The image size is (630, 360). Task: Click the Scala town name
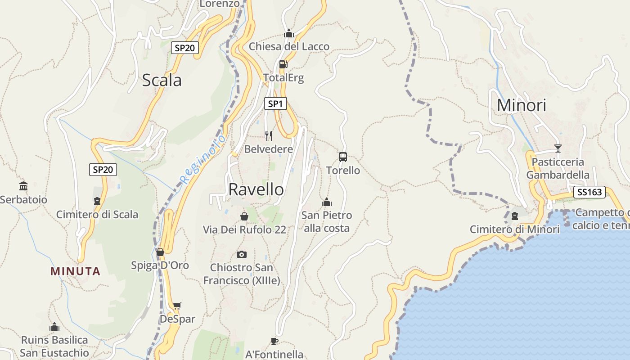click(x=162, y=80)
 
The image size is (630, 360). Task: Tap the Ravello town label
click(x=256, y=189)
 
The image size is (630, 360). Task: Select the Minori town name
click(x=522, y=105)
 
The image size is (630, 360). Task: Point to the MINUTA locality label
click(x=75, y=271)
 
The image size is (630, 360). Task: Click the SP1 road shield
click(x=275, y=104)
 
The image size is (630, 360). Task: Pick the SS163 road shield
click(x=589, y=193)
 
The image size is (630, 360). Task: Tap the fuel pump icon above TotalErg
click(x=283, y=64)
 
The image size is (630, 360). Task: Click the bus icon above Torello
click(x=343, y=157)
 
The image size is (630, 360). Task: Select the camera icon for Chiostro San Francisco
click(x=242, y=254)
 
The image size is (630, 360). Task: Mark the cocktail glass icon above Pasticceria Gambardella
click(x=558, y=148)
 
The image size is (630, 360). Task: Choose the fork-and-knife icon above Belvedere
click(x=269, y=135)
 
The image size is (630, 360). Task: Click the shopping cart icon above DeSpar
click(x=177, y=306)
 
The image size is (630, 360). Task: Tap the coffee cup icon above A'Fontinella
click(x=274, y=341)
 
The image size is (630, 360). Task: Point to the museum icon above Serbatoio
click(x=23, y=186)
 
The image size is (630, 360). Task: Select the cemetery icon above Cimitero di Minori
click(x=515, y=216)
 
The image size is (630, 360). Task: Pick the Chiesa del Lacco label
click(x=289, y=46)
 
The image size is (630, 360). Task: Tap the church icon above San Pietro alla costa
click(x=327, y=202)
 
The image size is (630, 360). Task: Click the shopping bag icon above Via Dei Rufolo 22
click(x=244, y=216)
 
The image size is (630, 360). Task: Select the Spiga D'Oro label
click(x=160, y=265)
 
